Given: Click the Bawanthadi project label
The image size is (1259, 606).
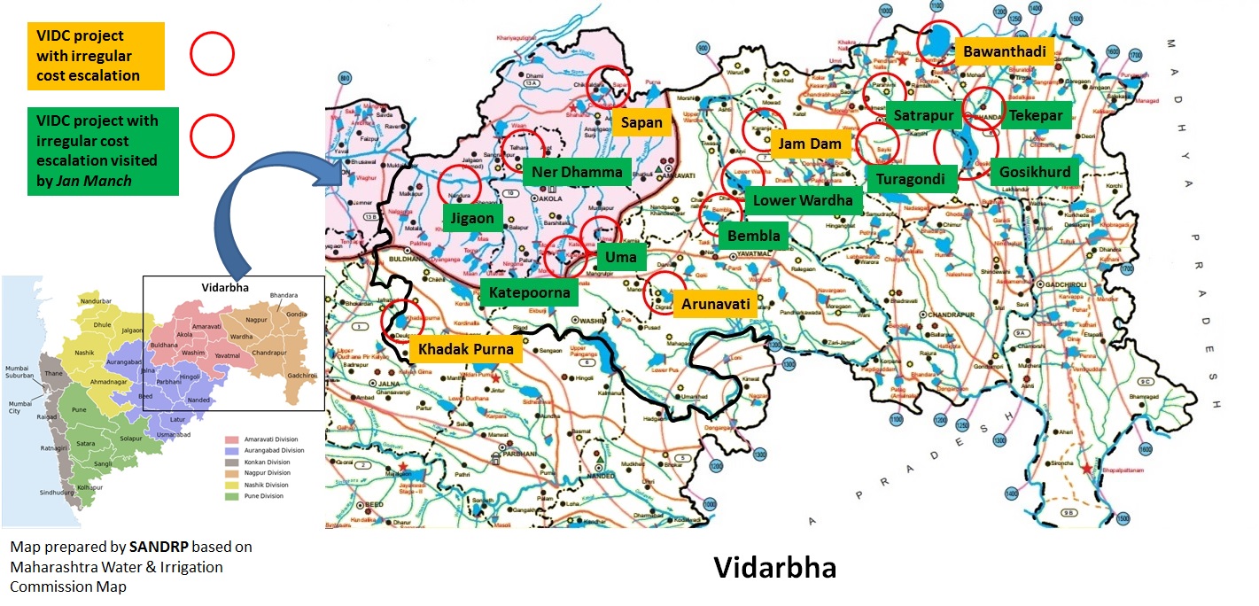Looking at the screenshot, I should [x=1006, y=52].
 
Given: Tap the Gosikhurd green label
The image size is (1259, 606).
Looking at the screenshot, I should [x=1035, y=172].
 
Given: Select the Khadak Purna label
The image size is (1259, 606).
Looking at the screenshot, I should [x=465, y=349].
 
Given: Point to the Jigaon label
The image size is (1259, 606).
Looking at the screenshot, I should [x=473, y=218].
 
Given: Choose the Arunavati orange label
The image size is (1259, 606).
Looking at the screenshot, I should [x=716, y=304].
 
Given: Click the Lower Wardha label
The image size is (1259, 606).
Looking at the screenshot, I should [x=802, y=200].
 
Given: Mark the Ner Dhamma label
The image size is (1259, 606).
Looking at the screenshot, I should [x=577, y=172].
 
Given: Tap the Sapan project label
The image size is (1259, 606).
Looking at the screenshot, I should [x=641, y=121].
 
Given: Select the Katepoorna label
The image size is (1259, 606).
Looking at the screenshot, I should [x=529, y=292].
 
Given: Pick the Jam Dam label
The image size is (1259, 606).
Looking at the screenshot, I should [x=809, y=143].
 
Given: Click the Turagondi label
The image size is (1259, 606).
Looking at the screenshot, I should [x=910, y=180].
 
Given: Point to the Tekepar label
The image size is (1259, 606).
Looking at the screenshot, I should [x=1036, y=115].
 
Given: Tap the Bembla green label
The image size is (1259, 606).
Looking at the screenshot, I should [x=753, y=236].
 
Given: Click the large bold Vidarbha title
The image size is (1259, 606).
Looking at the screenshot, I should [x=774, y=567].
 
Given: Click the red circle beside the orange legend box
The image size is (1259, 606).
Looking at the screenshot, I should [x=212, y=55].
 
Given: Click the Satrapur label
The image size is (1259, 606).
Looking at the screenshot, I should [x=922, y=115].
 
